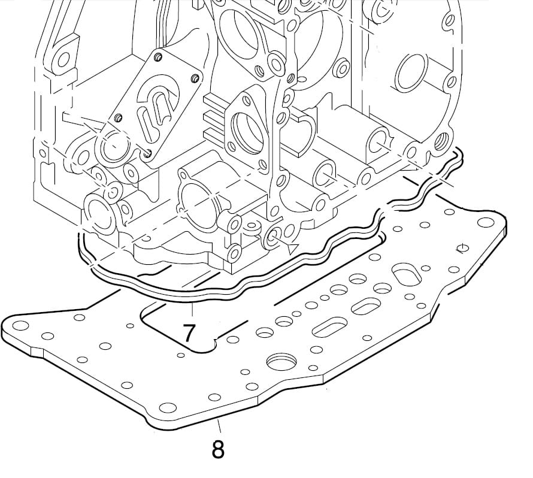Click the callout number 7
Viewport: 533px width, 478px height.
coord(190,331)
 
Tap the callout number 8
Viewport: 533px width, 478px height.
coord(219,449)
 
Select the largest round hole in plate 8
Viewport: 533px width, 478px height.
coord(280,361)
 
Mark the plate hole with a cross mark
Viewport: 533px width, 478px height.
coord(462,248)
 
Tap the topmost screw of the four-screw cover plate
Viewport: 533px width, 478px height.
coord(158,57)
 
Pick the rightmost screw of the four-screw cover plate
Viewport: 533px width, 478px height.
coord(195,77)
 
